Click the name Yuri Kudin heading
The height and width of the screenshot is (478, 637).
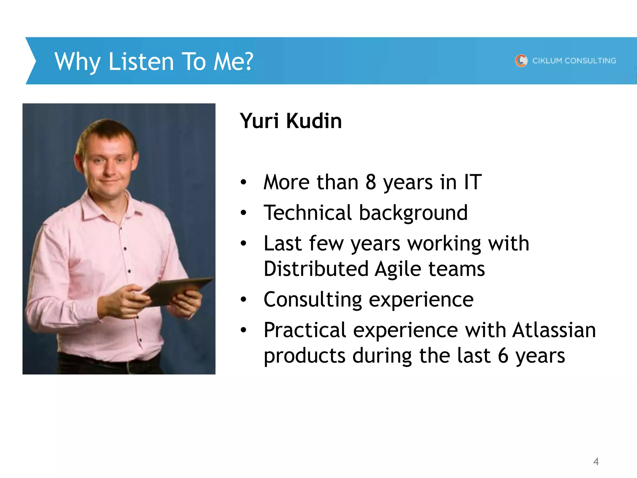click(291, 121)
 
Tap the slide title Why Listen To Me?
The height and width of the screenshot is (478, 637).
click(154, 62)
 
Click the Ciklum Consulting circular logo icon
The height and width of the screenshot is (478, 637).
click(521, 60)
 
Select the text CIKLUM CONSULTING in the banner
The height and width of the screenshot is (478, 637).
click(574, 61)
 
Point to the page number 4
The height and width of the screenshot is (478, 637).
click(596, 461)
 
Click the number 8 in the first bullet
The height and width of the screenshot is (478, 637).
click(370, 182)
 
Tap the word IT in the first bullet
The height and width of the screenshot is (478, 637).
click(472, 182)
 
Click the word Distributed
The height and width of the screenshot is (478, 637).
click(316, 269)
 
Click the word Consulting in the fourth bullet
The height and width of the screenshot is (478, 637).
click(313, 300)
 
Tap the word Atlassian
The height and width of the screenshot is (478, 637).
click(554, 330)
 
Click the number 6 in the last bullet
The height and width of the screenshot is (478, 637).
click(503, 356)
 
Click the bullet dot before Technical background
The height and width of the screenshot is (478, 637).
click(243, 213)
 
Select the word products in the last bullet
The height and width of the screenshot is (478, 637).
click(305, 356)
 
